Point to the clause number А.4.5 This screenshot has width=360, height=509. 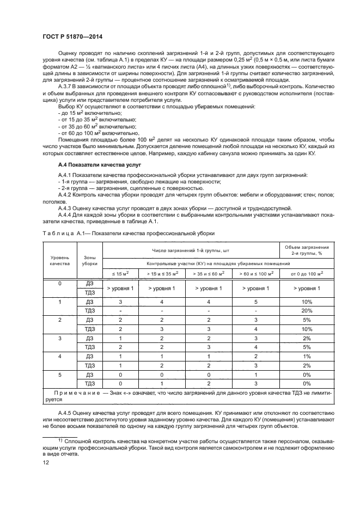click(66, 413)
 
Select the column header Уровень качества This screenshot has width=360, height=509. click(60, 259)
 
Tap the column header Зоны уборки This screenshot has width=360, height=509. click(90, 259)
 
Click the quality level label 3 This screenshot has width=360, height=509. click(60, 338)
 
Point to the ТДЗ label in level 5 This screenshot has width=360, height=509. click(90, 383)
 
